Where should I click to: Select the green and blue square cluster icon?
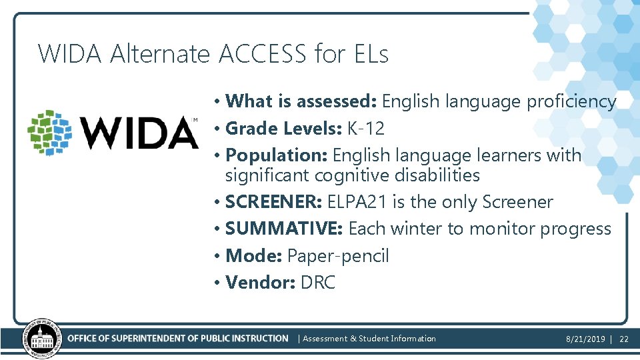pos(50,133)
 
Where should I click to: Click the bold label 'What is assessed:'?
pos(302,101)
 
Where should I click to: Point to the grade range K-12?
pos(365,128)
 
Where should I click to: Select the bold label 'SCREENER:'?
pos(273,202)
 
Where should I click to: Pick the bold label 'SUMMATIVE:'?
pos(284,229)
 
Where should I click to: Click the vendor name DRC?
pos(318,283)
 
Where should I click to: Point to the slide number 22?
pos(624,339)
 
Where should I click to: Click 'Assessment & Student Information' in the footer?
pos(369,339)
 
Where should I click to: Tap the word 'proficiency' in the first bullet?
pos(571,101)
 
